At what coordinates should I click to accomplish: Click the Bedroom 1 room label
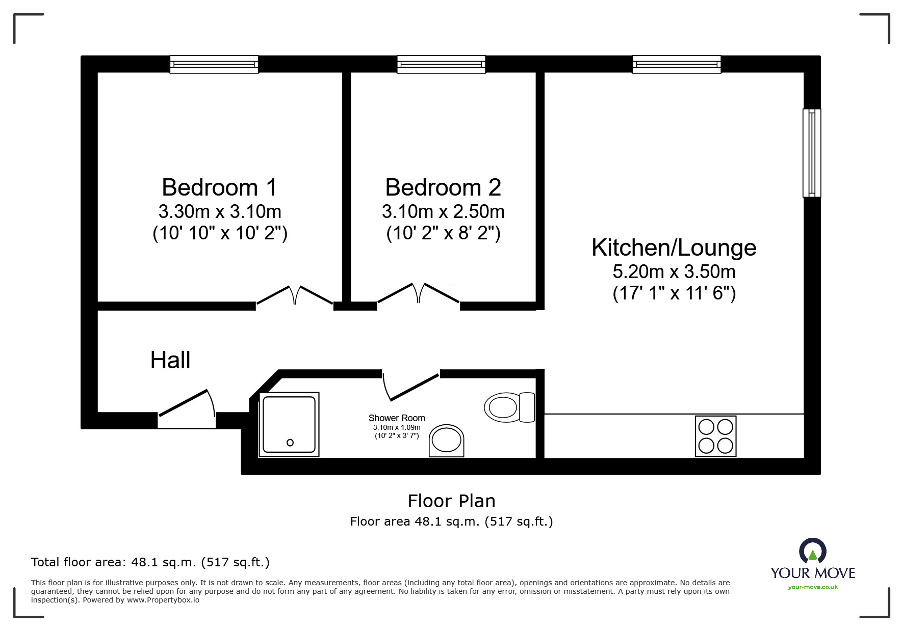tap(219, 187)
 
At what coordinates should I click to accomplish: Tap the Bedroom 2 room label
tap(443, 187)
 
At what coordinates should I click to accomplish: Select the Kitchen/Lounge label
tap(674, 248)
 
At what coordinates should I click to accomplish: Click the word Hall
tap(170, 361)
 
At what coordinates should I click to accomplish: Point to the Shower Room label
tap(397, 418)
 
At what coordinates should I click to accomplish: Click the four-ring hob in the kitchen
tap(715, 436)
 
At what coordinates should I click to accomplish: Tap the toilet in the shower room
tap(508, 407)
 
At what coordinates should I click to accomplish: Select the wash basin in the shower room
tap(447, 441)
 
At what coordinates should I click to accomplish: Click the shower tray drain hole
tap(290, 443)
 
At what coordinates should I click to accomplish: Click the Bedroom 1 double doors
tap(295, 296)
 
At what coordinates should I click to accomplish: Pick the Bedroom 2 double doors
tap(418, 295)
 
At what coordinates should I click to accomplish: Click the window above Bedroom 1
tap(214, 64)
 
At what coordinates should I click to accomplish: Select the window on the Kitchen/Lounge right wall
tap(811, 153)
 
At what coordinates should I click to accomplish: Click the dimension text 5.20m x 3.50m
tap(674, 272)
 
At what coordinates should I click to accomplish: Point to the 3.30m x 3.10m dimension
tap(219, 211)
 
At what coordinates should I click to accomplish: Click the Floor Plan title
tap(451, 501)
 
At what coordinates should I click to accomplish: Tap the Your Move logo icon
tap(812, 552)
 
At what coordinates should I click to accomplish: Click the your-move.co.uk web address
tap(813, 587)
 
